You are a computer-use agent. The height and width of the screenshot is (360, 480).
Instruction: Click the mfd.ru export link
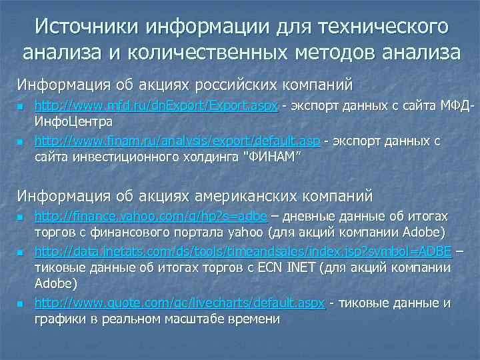point(155,107)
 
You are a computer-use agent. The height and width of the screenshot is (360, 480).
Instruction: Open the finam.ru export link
point(177,141)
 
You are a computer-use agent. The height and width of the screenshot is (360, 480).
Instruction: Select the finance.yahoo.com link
point(151,217)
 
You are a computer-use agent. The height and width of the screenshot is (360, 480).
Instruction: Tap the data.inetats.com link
point(243,251)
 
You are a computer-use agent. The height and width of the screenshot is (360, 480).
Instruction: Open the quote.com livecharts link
point(179,303)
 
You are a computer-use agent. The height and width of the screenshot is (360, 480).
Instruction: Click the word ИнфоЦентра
point(73,123)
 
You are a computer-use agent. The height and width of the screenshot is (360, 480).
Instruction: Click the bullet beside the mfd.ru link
point(21,107)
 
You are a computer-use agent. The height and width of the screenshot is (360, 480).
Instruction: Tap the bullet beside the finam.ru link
point(21,142)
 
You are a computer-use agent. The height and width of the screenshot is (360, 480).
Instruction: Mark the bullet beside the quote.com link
point(21,304)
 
